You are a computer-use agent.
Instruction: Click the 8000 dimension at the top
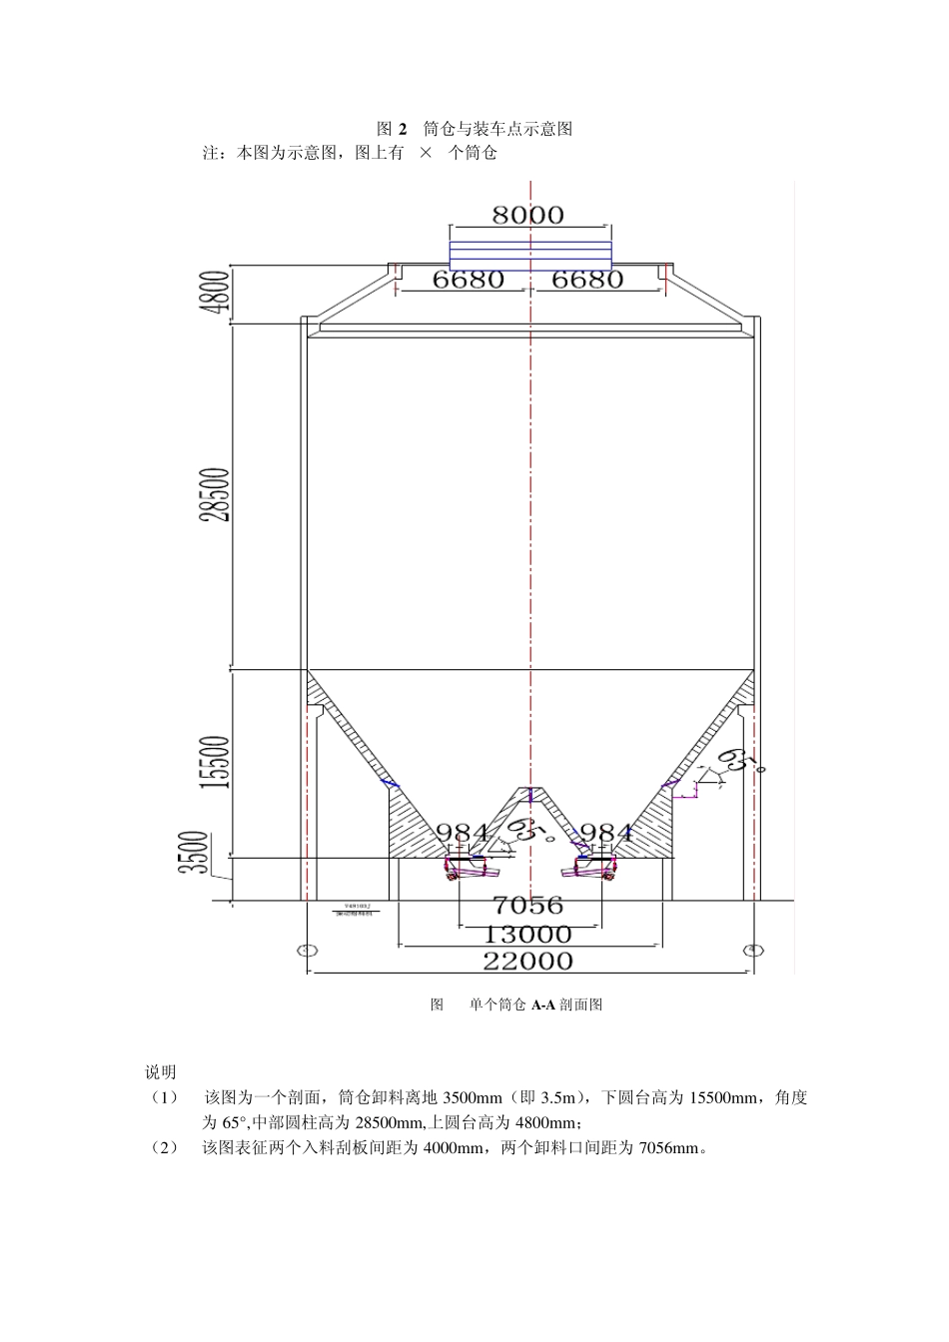[x=528, y=215]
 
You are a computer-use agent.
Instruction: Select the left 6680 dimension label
[x=468, y=280]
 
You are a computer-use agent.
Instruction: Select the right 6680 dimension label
[x=587, y=280]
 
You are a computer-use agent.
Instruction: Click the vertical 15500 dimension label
[x=217, y=762]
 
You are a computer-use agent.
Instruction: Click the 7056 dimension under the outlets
[x=528, y=906]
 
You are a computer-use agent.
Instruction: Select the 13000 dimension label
[x=528, y=935]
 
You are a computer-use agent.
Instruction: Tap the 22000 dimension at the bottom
[x=528, y=962]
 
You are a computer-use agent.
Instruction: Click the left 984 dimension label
[x=465, y=833]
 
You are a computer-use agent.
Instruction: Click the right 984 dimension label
[x=606, y=833]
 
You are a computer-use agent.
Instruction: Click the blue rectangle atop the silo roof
[x=530, y=256]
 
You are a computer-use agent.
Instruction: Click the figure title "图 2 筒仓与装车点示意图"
[x=474, y=129]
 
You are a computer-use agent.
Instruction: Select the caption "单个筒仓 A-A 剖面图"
[x=535, y=1005]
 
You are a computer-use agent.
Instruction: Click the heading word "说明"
[x=161, y=1072]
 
